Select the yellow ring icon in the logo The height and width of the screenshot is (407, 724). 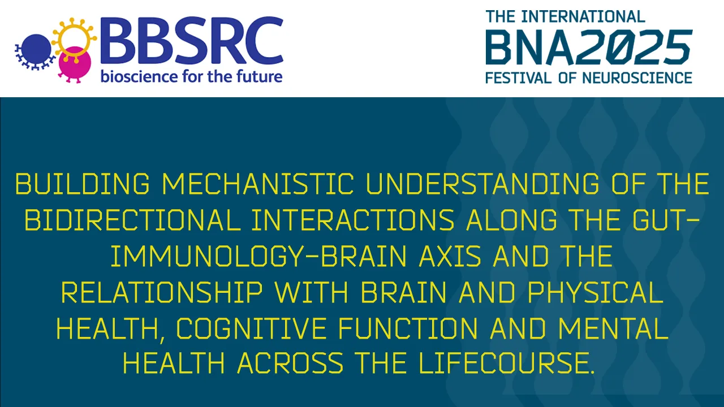coord(72,37)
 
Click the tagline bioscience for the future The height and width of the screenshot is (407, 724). coord(191,76)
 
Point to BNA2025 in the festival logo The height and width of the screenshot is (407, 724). coord(588,47)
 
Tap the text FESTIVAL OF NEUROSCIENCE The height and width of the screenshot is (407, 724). coord(588,77)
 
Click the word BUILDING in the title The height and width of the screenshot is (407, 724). coord(83,184)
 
